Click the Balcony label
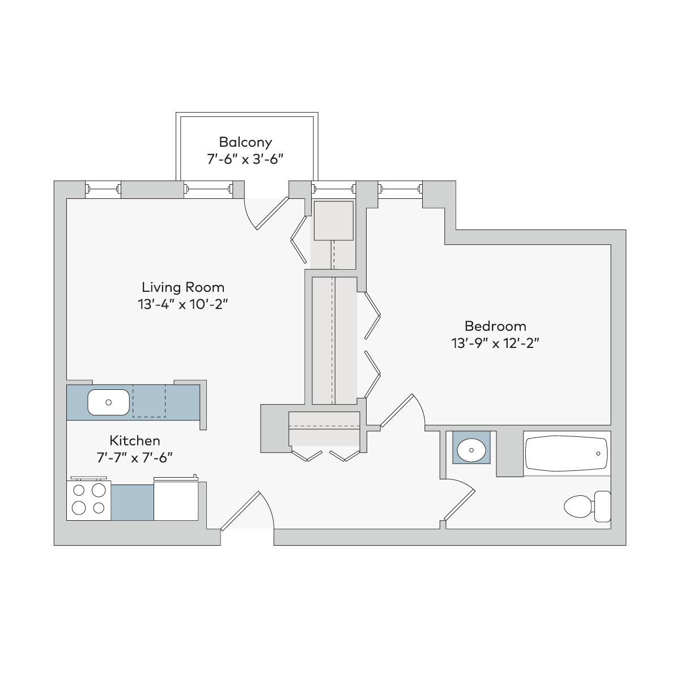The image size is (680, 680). tap(245, 143)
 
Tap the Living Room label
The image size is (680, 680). tap(183, 287)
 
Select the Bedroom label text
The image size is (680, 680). tap(495, 326)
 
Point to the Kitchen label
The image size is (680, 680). tap(135, 440)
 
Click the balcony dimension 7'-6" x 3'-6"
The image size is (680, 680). tap(245, 159)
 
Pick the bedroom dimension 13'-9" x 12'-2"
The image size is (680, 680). tap(495, 343)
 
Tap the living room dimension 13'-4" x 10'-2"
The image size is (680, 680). tap(183, 304)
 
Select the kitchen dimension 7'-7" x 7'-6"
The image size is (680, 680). tap(135, 458)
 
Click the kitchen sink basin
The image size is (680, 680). tap(108, 402)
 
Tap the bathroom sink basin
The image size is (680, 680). tap(471, 450)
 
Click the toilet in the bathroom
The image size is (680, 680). tap(587, 507)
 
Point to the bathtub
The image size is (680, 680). tap(566, 453)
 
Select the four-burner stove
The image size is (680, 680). tap(88, 500)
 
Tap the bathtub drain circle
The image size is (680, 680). tap(598, 453)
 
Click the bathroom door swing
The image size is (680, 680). tap(459, 501)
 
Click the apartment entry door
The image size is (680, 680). tap(247, 511)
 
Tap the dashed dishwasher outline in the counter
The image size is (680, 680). tap(149, 401)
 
